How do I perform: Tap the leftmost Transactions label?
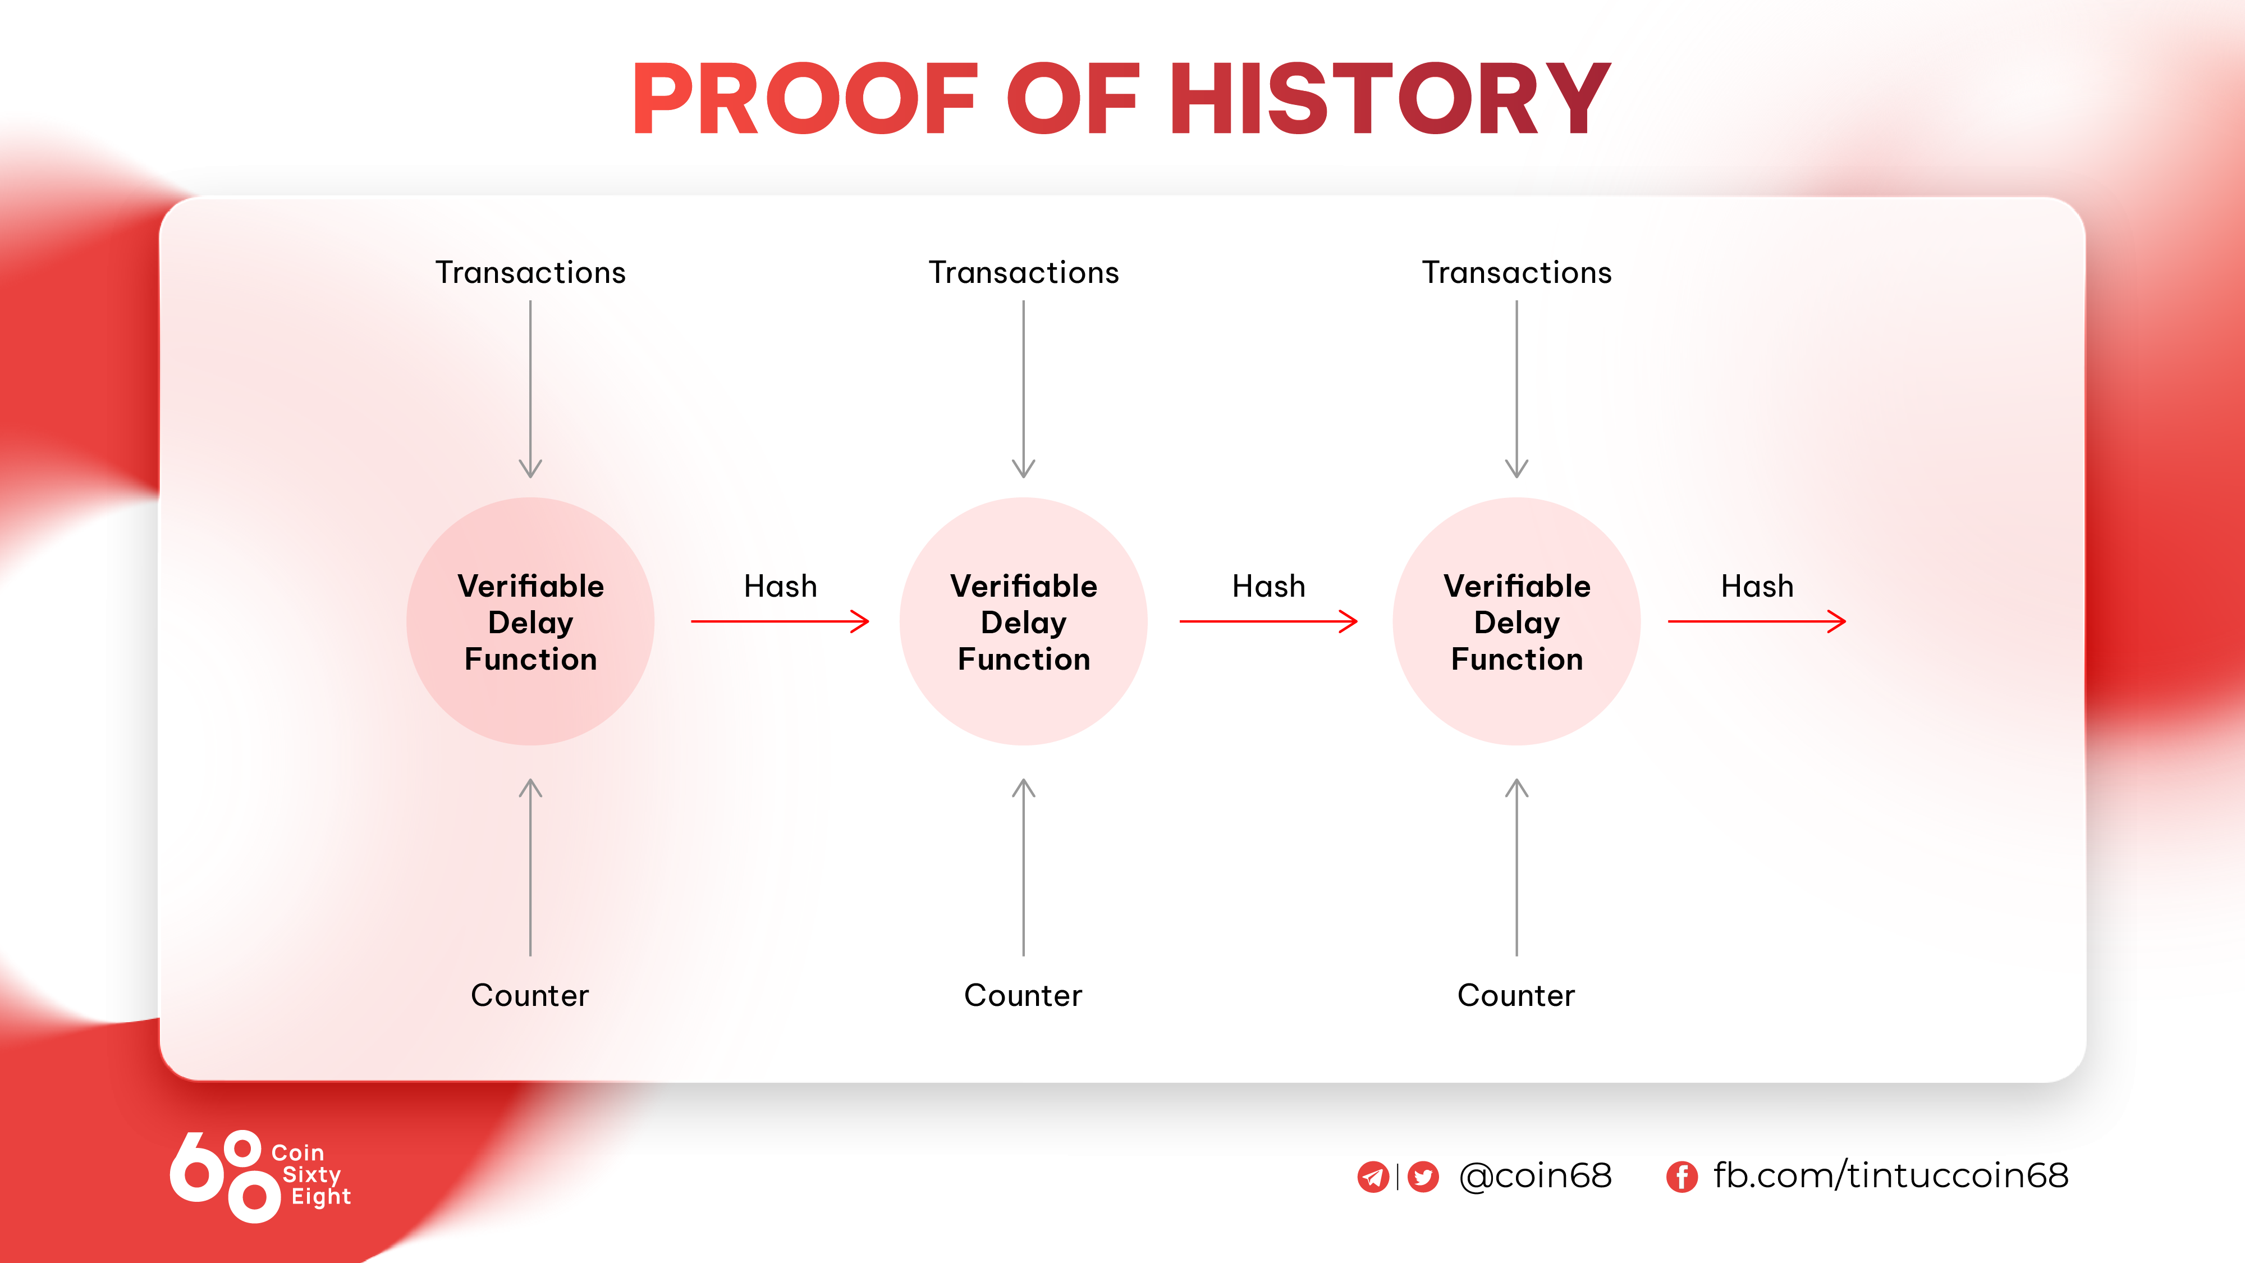(x=531, y=273)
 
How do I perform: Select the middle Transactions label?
(x=1024, y=273)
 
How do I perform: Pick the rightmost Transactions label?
(x=1517, y=273)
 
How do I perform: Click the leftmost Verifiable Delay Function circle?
(x=531, y=621)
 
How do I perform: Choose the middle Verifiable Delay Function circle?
(x=1024, y=621)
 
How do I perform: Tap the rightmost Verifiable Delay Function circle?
(x=1517, y=621)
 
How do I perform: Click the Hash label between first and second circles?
(x=781, y=585)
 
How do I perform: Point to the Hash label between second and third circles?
(x=1269, y=585)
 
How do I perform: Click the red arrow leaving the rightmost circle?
(x=1757, y=621)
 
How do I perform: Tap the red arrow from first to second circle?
(x=780, y=621)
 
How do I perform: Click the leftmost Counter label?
(x=530, y=995)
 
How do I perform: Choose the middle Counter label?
(x=1023, y=995)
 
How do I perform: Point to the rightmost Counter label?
(x=1516, y=995)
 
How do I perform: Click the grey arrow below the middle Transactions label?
(x=1024, y=389)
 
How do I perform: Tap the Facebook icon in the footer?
(x=1682, y=1177)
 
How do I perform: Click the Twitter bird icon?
(x=1423, y=1177)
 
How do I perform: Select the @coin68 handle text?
(x=1536, y=1176)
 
